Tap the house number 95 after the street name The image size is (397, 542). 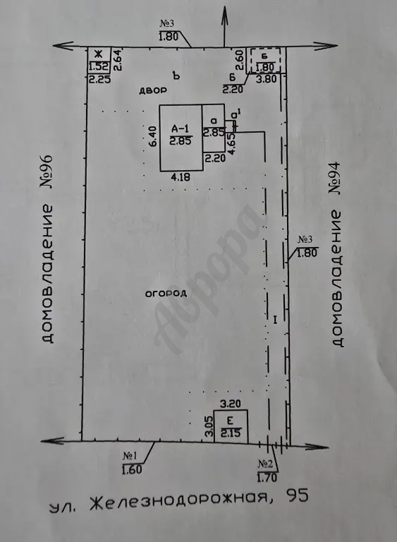[x=295, y=495]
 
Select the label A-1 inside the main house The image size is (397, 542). [x=181, y=129]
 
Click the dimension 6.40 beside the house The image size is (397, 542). [x=153, y=135]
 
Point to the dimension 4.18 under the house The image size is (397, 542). [x=181, y=177]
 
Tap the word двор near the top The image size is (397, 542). [x=153, y=91]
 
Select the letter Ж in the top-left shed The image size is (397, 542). [x=99, y=54]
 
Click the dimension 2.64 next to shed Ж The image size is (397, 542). [x=118, y=60]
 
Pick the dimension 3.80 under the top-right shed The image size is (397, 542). [x=267, y=79]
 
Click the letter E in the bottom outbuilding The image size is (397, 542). [x=230, y=421]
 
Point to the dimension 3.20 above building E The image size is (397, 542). [x=231, y=404]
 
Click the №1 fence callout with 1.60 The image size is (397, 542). [x=133, y=463]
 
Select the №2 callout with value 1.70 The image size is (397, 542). [x=267, y=471]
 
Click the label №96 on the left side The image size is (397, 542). [x=47, y=171]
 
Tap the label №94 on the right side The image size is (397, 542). [x=334, y=178]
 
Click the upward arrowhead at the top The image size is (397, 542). [x=224, y=14]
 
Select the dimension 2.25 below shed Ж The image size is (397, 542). [x=100, y=80]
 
